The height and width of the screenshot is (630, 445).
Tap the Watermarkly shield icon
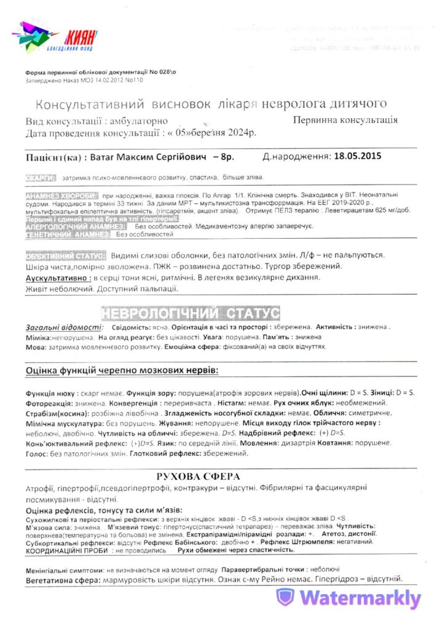(x=285, y=597)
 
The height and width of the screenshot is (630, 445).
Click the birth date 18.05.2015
(x=356, y=156)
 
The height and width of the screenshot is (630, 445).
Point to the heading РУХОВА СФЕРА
(x=198, y=476)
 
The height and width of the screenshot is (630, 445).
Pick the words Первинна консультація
(x=353, y=121)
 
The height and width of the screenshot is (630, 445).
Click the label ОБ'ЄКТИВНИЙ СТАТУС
(x=66, y=255)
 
